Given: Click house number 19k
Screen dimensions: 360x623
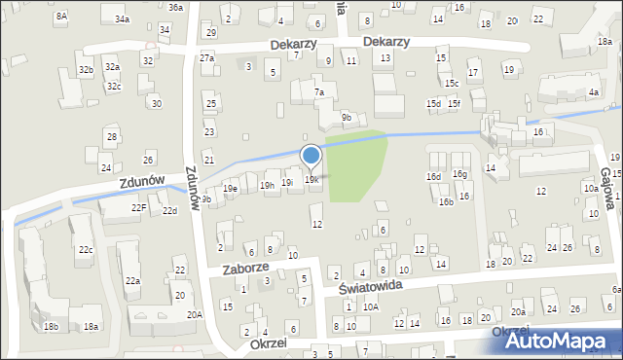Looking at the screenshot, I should (311, 180).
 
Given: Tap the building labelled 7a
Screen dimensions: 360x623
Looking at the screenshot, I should (318, 92).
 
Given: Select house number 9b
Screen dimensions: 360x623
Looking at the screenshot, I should (346, 118).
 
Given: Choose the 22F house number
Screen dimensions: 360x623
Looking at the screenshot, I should (139, 207).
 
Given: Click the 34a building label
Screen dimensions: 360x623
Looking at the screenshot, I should (122, 19).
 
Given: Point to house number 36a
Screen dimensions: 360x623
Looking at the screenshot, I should (175, 7).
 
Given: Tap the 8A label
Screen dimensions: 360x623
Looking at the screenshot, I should (61, 17).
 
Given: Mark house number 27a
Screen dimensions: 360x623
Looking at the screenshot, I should (207, 58).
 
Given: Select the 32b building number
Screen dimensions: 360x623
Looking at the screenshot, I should (86, 70).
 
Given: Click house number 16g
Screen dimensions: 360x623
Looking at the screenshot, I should (459, 174).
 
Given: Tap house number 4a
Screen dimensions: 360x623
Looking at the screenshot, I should (593, 92).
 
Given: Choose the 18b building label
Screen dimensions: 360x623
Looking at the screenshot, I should (51, 327).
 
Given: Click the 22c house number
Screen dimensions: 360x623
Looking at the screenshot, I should (86, 250).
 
